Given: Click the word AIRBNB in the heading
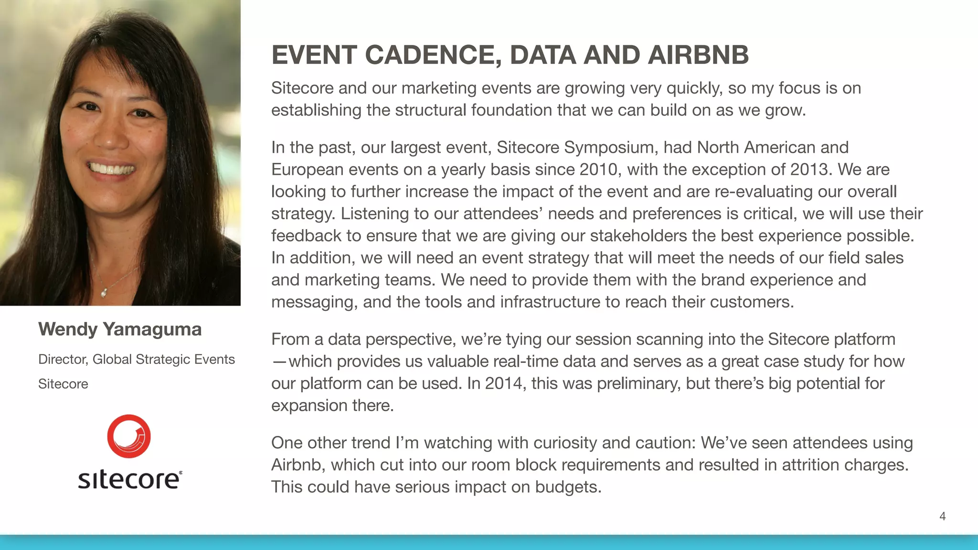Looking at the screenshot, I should [698, 54].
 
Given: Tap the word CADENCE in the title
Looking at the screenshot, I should [433, 54].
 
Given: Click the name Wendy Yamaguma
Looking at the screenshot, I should [120, 329].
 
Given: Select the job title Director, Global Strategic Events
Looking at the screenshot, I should [137, 359].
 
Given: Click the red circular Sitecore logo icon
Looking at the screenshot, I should [129, 436].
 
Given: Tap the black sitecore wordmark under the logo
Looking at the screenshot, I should [130, 479].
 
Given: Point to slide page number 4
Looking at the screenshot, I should [942, 516].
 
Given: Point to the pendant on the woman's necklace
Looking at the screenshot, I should [104, 292].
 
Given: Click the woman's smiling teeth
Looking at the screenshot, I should [111, 169].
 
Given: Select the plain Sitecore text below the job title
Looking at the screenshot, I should [63, 384].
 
